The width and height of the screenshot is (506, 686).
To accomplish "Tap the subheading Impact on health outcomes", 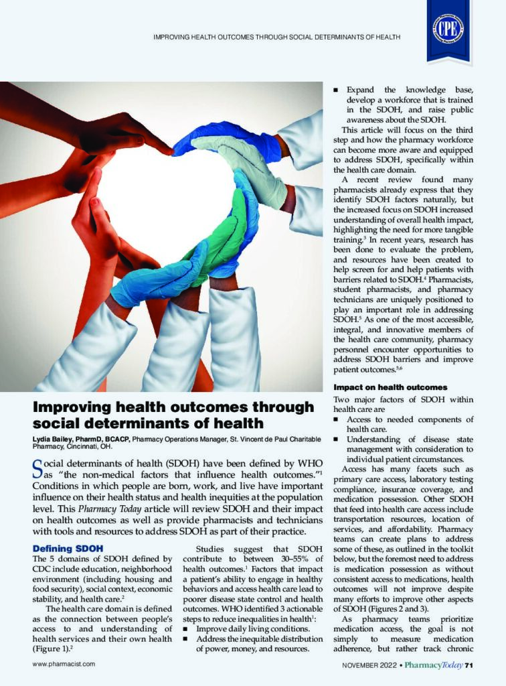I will click(x=381, y=388).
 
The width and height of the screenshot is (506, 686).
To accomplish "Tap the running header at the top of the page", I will click(x=276, y=37).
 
